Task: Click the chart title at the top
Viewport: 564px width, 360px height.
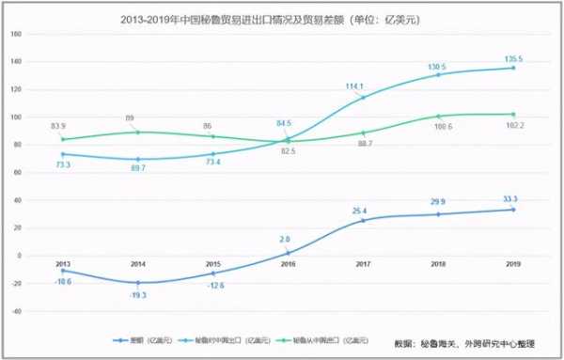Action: click(281, 16)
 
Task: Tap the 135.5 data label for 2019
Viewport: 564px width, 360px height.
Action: click(513, 58)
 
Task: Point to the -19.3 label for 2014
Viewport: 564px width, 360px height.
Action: click(137, 294)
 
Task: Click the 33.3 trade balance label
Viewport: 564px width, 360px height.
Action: click(513, 199)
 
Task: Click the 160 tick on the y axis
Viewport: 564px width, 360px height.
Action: click(16, 34)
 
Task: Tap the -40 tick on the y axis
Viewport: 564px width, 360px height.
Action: click(16, 310)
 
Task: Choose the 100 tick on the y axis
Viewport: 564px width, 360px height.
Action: click(16, 117)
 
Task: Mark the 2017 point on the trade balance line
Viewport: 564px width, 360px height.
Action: click(363, 220)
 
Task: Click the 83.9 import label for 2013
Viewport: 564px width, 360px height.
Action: click(60, 128)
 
